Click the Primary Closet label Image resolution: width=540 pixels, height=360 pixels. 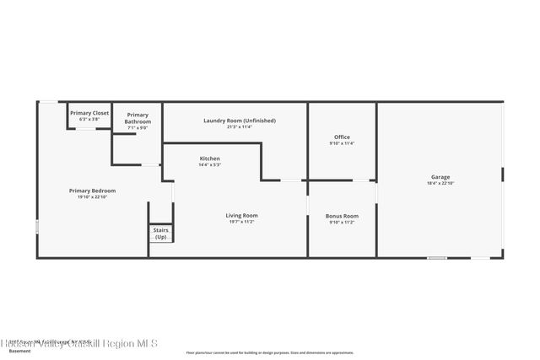pyautogui.click(x=89, y=113)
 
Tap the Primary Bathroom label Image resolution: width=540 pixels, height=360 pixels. pyautogui.click(x=138, y=118)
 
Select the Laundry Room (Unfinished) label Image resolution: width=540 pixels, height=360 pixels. pyautogui.click(x=239, y=121)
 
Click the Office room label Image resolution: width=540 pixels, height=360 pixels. pyautogui.click(x=342, y=137)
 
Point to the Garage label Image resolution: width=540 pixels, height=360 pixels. pyautogui.click(x=440, y=177)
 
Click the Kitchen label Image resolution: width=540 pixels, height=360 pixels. pyautogui.click(x=210, y=159)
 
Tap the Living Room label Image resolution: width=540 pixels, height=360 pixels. pyautogui.click(x=241, y=216)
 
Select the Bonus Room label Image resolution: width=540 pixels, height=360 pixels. pyautogui.click(x=342, y=216)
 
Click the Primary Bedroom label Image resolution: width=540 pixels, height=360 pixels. pyautogui.click(x=92, y=191)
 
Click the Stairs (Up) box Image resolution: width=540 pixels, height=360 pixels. pyautogui.click(x=160, y=234)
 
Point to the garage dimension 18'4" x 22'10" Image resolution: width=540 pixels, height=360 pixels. pyautogui.click(x=440, y=183)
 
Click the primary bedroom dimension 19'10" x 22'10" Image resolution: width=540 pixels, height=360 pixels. pyautogui.click(x=92, y=196)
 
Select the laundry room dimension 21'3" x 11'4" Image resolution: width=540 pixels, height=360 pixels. pyautogui.click(x=239, y=126)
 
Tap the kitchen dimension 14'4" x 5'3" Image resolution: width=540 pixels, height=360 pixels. pyautogui.click(x=210, y=164)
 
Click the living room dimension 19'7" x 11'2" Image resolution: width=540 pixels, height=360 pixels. pyautogui.click(x=241, y=222)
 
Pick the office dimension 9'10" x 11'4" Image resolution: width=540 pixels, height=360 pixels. pyautogui.click(x=342, y=143)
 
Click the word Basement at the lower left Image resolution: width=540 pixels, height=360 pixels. pyautogui.click(x=19, y=352)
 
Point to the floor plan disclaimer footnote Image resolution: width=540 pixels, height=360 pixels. pyautogui.click(x=269, y=352)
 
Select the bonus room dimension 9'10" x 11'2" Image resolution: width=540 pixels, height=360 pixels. pyautogui.click(x=342, y=222)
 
